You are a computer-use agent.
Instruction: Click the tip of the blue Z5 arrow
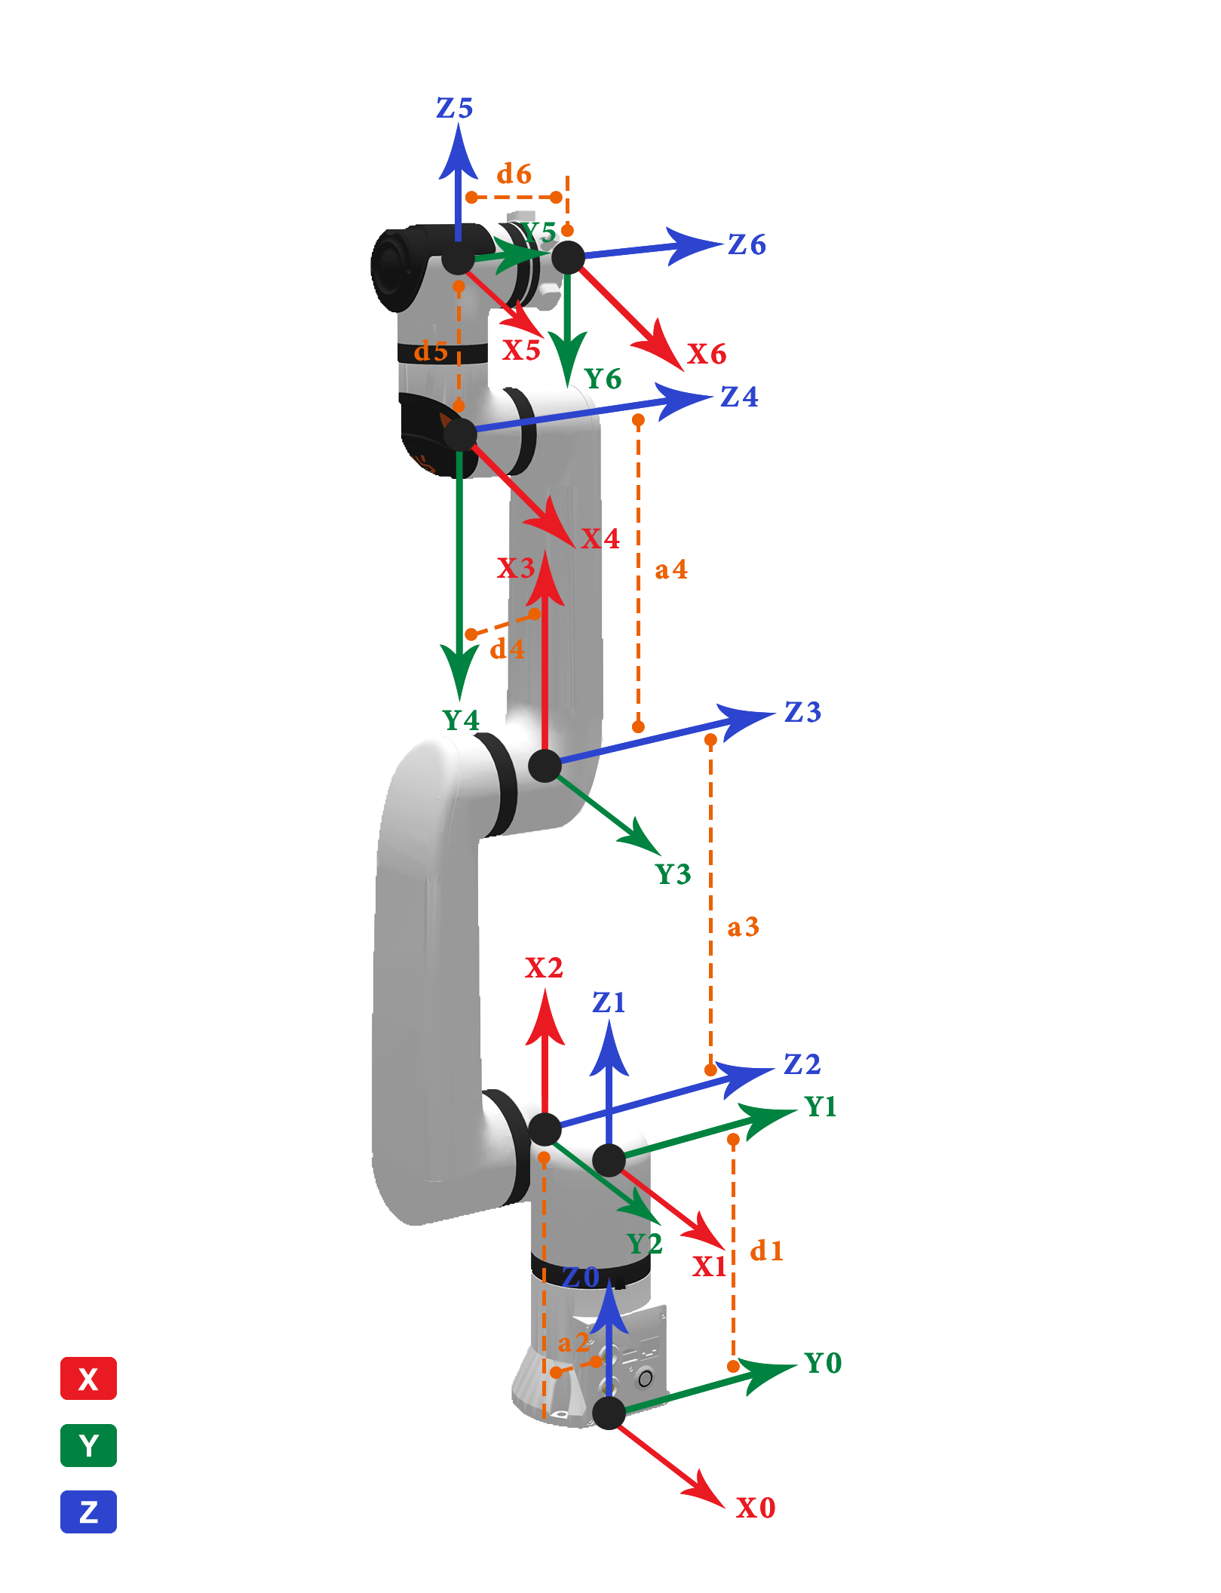[458, 123]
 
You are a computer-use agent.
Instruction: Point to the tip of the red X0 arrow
[725, 1507]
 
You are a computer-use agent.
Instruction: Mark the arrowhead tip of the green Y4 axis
[459, 701]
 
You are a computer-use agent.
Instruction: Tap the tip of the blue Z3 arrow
[776, 713]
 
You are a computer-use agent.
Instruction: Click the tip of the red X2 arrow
[545, 989]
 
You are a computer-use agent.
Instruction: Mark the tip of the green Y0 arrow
[798, 1364]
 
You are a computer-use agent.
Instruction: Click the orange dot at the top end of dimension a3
[710, 740]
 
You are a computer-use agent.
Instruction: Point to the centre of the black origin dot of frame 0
[609, 1413]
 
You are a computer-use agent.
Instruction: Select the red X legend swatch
[88, 1378]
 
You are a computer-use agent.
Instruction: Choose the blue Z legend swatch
[88, 1512]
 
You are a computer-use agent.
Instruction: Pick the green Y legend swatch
[88, 1445]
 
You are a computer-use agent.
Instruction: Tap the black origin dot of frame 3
[545, 766]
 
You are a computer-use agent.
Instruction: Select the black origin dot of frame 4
[460, 435]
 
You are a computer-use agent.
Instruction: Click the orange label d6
[514, 173]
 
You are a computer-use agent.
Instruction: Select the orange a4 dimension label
[671, 569]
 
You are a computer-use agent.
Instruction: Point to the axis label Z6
[747, 244]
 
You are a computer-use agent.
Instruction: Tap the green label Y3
[673, 874]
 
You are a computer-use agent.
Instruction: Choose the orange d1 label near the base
[767, 1251]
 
